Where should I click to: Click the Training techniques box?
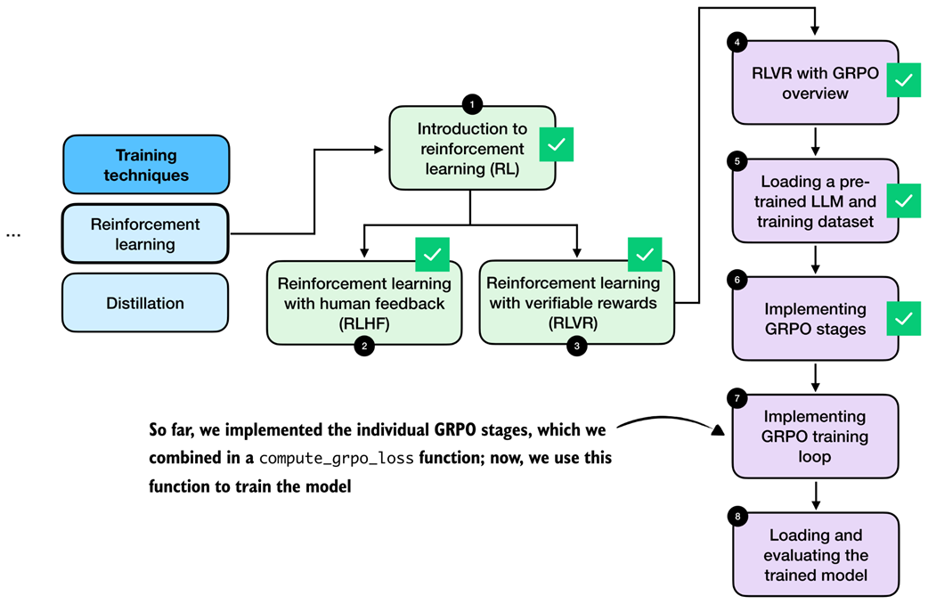pos(146,165)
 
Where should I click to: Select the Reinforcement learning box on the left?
pos(146,234)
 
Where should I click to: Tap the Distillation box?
pos(146,303)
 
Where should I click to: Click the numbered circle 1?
pos(472,104)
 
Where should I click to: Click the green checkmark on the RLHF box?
pos(433,255)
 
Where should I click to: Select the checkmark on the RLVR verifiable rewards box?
pos(647,255)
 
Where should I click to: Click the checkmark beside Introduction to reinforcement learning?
pos(556,145)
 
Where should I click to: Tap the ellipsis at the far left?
pos(12,235)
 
